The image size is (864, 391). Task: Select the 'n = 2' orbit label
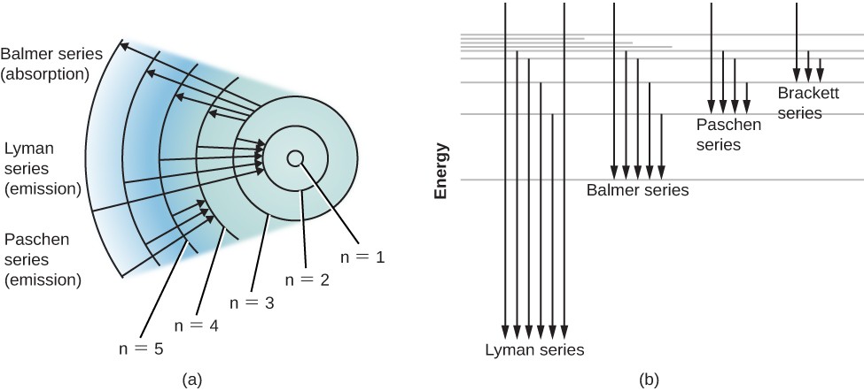(307, 279)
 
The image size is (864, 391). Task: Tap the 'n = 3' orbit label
(253, 301)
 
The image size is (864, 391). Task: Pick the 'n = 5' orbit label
(141, 348)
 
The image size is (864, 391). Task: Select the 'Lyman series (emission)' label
(43, 168)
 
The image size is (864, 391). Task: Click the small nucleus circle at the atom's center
(296, 158)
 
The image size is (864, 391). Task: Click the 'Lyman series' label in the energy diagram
(534, 349)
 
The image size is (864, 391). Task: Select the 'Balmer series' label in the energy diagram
(637, 189)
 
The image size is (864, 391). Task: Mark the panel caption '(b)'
(649, 379)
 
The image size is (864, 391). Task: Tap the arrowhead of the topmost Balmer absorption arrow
(123, 44)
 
